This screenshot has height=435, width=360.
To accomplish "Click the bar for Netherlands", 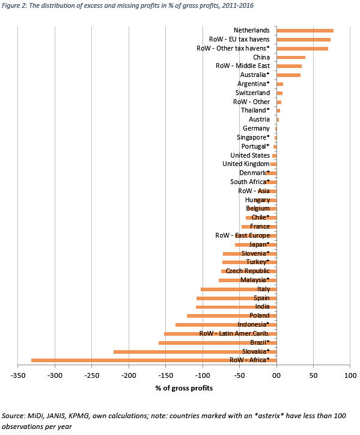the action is [x=305, y=31].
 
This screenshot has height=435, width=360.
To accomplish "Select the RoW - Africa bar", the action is [x=154, y=360].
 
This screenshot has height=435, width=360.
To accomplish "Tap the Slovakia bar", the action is [x=195, y=352].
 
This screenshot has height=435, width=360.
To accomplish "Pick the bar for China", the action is [x=291, y=57].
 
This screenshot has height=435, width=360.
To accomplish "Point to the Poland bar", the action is [x=231, y=316].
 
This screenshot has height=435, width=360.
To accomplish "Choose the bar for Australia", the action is [x=288, y=75].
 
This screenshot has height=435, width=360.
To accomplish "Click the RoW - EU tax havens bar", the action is [x=304, y=40].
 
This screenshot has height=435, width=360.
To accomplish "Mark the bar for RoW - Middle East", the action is [x=289, y=66].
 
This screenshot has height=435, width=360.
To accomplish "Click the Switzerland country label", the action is [x=252, y=93].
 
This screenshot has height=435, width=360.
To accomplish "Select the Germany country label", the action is [x=256, y=128].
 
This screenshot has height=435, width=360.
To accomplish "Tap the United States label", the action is [x=250, y=155].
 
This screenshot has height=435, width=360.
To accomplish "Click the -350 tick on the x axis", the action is [x=18, y=375].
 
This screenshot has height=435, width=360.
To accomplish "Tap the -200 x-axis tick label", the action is [x=129, y=375].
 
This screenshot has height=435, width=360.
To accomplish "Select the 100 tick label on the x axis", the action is [x=350, y=375].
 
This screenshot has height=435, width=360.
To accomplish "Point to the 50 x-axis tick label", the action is [x=314, y=375].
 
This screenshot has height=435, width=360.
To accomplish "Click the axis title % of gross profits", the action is [x=184, y=388].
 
